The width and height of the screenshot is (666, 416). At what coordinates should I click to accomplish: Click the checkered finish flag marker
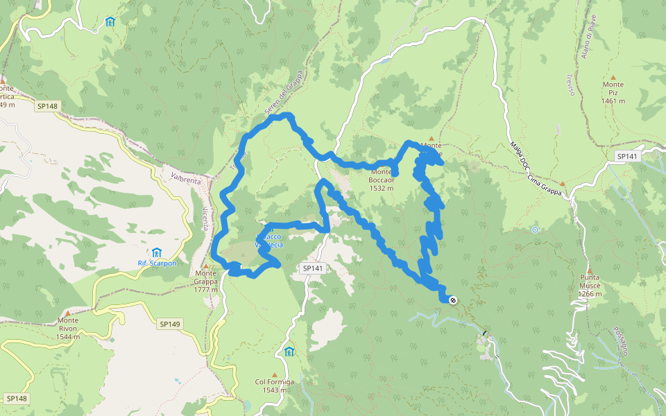click(x=452, y=300)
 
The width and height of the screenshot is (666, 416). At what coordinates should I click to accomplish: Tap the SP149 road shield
click(x=170, y=324)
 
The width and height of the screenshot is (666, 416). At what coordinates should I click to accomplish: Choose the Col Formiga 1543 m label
click(x=275, y=385)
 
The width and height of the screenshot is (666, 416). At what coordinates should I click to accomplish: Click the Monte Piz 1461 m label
click(x=613, y=92)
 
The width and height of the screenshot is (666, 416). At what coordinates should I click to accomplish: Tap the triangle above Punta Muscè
click(x=590, y=270)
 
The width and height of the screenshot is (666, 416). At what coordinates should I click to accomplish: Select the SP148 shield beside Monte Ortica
click(x=48, y=106)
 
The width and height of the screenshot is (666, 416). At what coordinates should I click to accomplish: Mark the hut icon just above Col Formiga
click(x=289, y=352)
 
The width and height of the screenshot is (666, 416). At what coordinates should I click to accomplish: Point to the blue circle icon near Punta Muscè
click(x=534, y=229)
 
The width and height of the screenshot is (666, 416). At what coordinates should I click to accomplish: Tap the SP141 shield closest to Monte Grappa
click(x=314, y=268)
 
